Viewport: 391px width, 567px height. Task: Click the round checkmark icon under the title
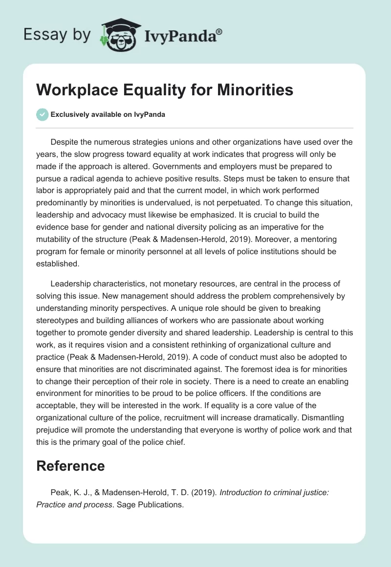(x=42, y=114)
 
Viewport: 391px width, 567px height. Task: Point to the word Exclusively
(x=69, y=115)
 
